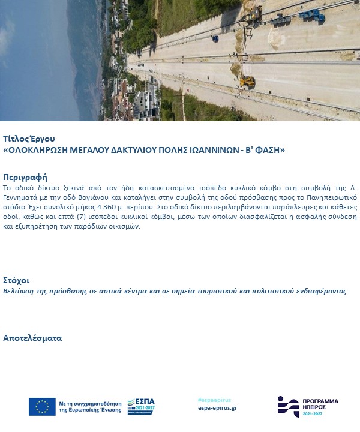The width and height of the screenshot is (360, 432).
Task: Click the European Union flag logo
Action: point(42,407)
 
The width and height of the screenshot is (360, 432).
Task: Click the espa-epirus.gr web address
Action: point(217,408)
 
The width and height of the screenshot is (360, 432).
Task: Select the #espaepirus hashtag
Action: point(214,400)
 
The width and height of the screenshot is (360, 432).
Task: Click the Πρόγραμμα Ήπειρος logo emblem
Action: point(288,406)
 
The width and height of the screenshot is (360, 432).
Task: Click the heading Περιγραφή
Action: point(25,178)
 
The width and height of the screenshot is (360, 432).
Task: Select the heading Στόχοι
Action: point(16,280)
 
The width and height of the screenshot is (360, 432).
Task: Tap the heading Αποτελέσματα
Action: point(32,338)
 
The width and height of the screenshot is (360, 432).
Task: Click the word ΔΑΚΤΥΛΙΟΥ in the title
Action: point(104,149)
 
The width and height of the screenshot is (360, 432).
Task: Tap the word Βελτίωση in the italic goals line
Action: point(19,291)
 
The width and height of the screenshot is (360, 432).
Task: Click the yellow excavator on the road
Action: point(247,81)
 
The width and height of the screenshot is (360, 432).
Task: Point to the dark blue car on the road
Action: point(215,38)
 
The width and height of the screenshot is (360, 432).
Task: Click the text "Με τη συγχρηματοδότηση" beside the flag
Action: point(90,403)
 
